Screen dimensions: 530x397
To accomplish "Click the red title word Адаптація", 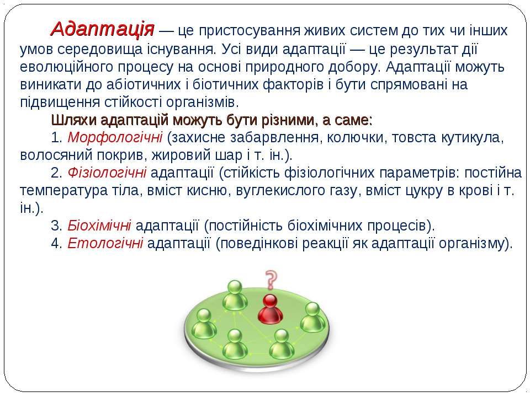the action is [x=103, y=29].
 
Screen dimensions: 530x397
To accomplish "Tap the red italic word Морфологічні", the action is [x=115, y=138].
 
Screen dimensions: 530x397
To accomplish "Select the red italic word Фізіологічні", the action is [x=107, y=173].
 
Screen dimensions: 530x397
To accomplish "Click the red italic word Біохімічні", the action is [x=99, y=226].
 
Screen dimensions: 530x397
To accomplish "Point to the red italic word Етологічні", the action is [x=105, y=243].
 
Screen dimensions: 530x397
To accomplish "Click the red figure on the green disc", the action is [x=270, y=309].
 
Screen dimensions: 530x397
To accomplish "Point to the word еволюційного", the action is [x=67, y=67].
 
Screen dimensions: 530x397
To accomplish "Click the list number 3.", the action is [x=55, y=226].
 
